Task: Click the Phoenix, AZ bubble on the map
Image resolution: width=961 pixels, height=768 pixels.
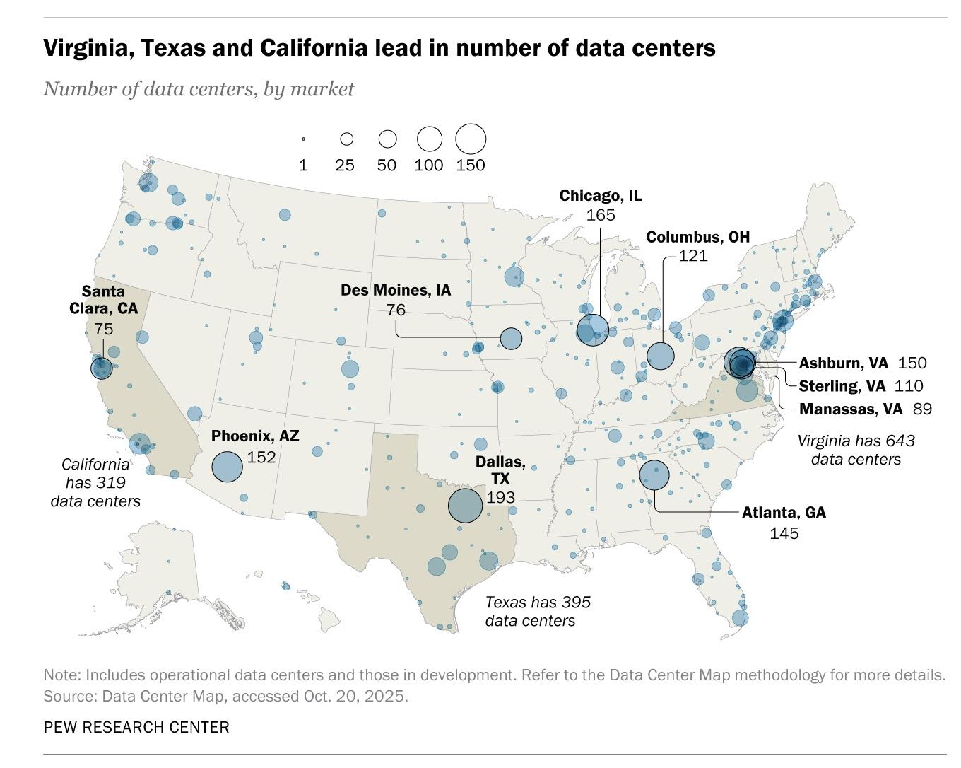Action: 228,467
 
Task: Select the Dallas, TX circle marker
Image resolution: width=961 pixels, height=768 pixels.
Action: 465,506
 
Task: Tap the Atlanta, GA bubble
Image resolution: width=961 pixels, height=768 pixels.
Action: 654,475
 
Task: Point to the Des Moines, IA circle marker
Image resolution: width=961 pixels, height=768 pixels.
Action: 511,339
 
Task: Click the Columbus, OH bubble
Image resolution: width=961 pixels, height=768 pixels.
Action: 661,356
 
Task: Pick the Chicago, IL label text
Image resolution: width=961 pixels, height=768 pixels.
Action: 601,195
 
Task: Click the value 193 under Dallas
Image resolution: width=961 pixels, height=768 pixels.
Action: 501,497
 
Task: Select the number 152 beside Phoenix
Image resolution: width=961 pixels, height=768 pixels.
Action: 261,457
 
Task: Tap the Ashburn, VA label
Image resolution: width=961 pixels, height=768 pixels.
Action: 843,363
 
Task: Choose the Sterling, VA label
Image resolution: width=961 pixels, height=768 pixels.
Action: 842,385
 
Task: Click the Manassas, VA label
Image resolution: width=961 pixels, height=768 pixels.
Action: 851,409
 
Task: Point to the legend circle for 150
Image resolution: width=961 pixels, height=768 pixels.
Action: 471,139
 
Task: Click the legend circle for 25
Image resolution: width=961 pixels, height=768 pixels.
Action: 346,139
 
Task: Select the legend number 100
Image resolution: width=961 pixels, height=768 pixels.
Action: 429,165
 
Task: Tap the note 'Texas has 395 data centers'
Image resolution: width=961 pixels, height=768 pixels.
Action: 538,611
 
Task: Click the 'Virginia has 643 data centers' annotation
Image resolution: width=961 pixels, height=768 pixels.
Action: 856,450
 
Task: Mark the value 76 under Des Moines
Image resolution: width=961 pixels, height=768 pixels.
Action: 396,310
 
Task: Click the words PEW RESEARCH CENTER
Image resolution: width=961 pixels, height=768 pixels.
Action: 136,727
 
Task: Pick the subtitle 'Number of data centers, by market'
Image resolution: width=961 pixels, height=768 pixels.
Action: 199,89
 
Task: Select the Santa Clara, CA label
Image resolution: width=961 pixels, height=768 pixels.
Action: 103,300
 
